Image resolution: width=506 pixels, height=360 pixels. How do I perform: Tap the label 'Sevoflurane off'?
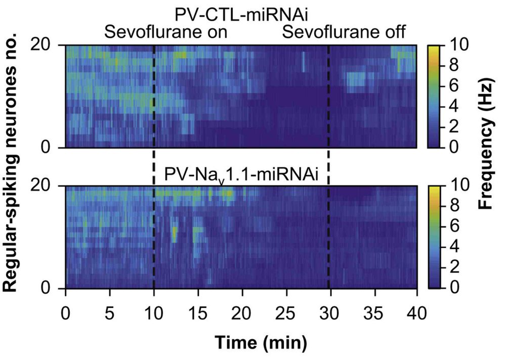pos(344,33)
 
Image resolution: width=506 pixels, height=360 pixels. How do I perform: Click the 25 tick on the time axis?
pos(286,311)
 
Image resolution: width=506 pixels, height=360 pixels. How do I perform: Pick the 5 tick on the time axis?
pos(110,311)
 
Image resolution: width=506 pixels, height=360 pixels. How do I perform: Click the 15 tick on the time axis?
pos(199,311)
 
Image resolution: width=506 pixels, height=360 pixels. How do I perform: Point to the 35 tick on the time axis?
pos(374,311)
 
